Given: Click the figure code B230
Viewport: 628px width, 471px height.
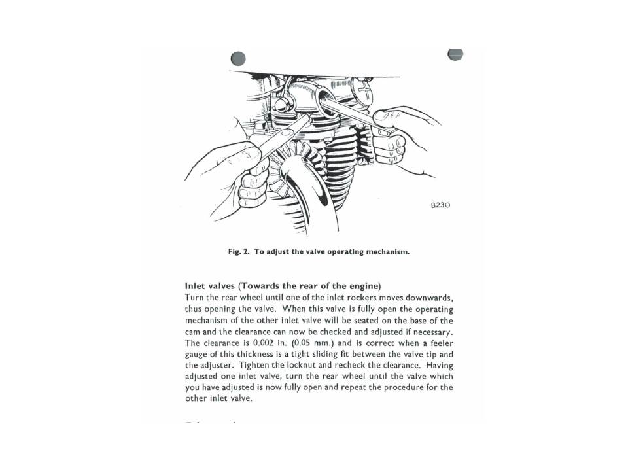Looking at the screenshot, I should click(x=440, y=205).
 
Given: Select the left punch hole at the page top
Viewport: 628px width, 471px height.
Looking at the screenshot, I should click(x=238, y=58).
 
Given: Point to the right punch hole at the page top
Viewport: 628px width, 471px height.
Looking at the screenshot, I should click(x=455, y=54).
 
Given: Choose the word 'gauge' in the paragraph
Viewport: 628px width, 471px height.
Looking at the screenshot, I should click(x=197, y=353).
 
